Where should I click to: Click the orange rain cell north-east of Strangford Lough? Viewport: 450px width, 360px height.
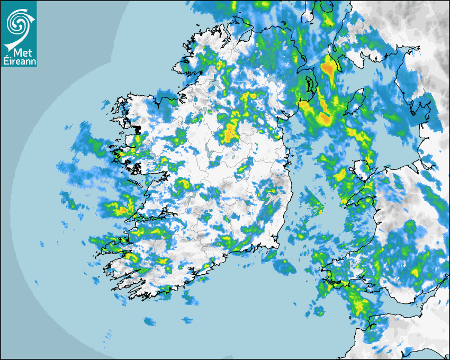(329, 67)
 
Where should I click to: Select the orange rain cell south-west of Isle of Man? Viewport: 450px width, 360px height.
(325, 119)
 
